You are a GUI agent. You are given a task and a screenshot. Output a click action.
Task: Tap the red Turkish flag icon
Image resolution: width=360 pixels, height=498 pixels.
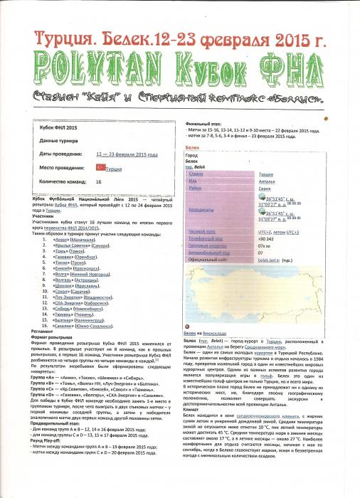pos(100,168)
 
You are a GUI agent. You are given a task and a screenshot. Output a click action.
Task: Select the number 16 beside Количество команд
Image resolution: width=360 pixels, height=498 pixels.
pos(98,181)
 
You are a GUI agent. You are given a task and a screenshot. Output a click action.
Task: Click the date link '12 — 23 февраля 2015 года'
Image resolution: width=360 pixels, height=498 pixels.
pos(124,153)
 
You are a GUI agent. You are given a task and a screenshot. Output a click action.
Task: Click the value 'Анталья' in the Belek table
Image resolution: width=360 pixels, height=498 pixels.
pos(266,179)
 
